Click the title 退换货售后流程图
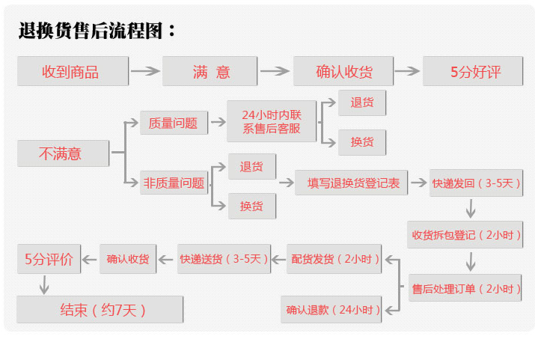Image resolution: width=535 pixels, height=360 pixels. (97, 31)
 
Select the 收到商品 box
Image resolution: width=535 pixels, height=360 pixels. (70, 72)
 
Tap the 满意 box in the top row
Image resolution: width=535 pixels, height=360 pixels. (211, 72)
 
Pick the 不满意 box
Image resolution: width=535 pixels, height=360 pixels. (61, 154)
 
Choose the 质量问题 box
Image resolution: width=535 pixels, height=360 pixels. (174, 123)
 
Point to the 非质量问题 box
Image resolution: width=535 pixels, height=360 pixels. (174, 183)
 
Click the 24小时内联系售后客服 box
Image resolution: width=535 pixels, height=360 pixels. (271, 121)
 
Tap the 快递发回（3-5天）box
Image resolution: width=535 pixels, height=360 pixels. (475, 183)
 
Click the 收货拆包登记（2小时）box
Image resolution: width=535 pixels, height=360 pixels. (465, 235)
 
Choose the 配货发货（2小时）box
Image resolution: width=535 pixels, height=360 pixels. (335, 260)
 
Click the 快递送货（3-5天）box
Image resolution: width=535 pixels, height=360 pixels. (224, 260)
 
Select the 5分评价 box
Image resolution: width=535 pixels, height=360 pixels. (49, 260)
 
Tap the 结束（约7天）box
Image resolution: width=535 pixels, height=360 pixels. (100, 309)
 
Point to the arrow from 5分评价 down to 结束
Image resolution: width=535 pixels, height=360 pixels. (44, 284)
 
